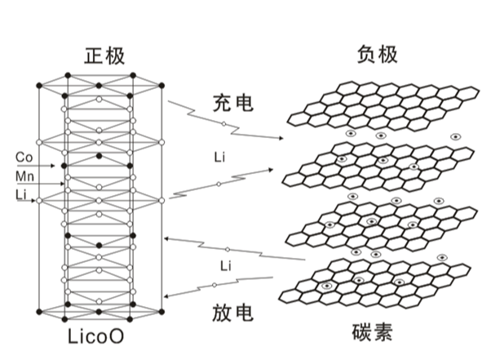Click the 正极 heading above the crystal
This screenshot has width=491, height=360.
point(104,56)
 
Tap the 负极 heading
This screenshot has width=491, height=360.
point(378,54)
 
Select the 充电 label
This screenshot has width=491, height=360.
point(233,103)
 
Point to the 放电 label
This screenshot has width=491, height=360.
point(232,313)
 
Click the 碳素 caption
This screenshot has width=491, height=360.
point(372,332)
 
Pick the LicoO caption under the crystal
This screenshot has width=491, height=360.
point(95,336)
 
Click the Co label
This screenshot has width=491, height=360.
point(24,158)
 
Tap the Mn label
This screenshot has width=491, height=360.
point(24,176)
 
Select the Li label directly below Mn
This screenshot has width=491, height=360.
point(20,195)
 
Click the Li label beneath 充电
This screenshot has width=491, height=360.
point(220,157)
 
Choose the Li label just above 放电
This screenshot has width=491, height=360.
point(226,266)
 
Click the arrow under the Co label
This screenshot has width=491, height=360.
point(36,166)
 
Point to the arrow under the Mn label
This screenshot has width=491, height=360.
point(41,184)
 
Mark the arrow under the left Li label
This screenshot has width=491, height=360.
point(26,201)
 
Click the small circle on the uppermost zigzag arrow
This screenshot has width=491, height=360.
point(224,124)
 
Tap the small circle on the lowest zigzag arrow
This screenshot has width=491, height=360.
point(215,285)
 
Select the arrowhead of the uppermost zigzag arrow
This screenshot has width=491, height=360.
point(281,138)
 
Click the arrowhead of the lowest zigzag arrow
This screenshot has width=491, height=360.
point(167,296)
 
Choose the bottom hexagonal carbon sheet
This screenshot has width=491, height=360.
point(375,283)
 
